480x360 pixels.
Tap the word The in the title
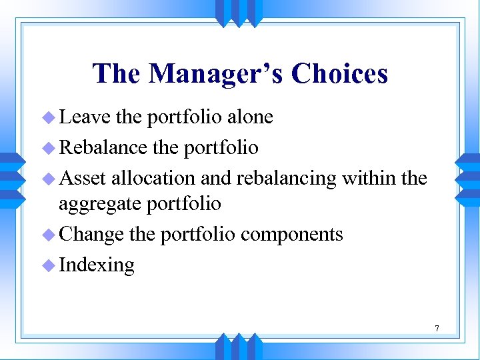(x=117, y=73)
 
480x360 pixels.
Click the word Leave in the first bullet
(x=85, y=117)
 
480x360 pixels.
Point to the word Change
(x=91, y=235)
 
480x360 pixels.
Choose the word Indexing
(x=97, y=265)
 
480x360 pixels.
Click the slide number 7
(x=437, y=328)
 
